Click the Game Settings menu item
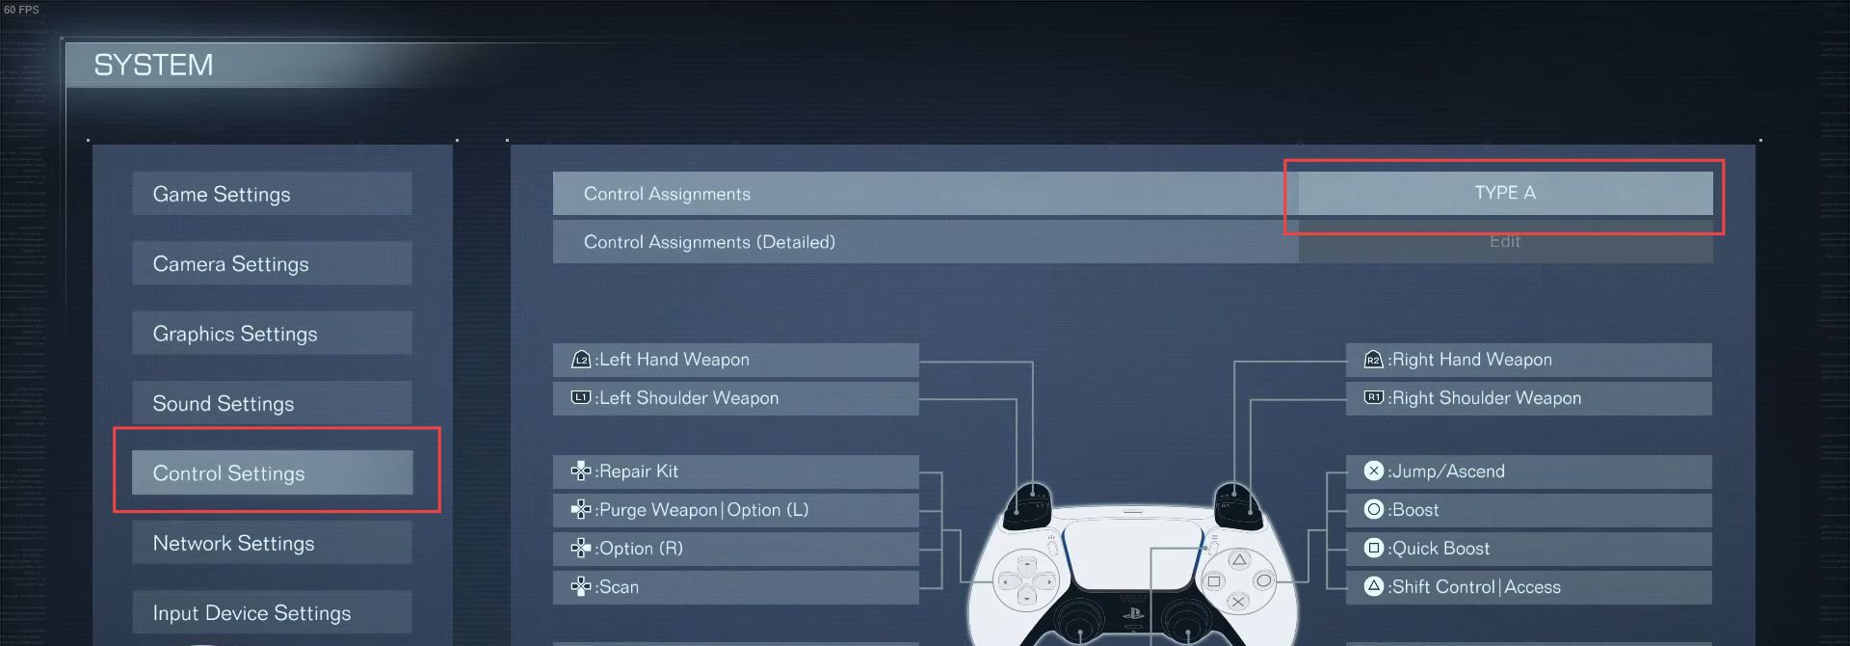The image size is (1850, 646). pyautogui.click(x=271, y=194)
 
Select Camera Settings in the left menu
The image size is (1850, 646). pyautogui.click(x=271, y=264)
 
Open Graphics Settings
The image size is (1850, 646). pyautogui.click(x=271, y=334)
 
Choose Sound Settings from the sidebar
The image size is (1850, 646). pyautogui.click(x=271, y=403)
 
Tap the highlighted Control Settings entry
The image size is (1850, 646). pyautogui.click(x=271, y=473)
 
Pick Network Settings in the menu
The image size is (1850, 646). pyautogui.click(x=271, y=543)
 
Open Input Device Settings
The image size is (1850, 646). pyautogui.click(x=271, y=612)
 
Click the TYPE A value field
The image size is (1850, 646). pyautogui.click(x=1504, y=193)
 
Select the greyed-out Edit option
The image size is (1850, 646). pyautogui.click(x=1504, y=241)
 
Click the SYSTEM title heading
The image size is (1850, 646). pyautogui.click(x=153, y=65)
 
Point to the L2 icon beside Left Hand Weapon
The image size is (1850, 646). pyautogui.click(x=581, y=360)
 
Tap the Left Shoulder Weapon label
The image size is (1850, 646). pyautogui.click(x=688, y=398)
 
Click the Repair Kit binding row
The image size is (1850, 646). pyautogui.click(x=734, y=471)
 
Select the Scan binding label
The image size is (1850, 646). pyautogui.click(x=617, y=587)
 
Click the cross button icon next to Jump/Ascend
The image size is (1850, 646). pyautogui.click(x=1374, y=471)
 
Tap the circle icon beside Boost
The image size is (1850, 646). pyautogui.click(x=1374, y=509)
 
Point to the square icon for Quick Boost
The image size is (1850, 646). pyautogui.click(x=1374, y=548)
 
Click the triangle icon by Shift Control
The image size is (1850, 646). pyautogui.click(x=1374, y=586)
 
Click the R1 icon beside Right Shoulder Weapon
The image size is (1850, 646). pyautogui.click(x=1374, y=397)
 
